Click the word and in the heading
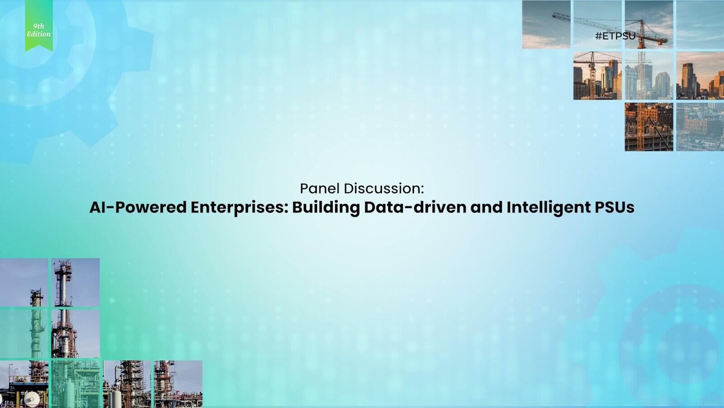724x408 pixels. point(486,208)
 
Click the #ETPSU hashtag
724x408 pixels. point(615,36)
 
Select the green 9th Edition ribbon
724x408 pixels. point(39,25)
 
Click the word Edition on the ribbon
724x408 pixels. point(38,34)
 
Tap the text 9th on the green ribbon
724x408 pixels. point(39,26)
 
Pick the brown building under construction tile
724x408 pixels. point(649,127)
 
